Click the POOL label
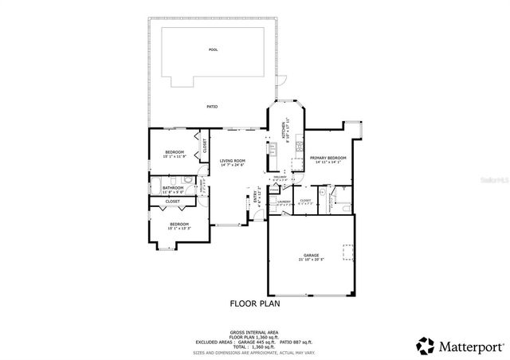(x=213, y=49)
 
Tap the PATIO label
(x=213, y=107)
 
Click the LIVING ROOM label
(x=233, y=161)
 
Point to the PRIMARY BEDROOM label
(x=328, y=158)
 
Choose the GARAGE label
(x=310, y=255)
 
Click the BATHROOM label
(x=173, y=187)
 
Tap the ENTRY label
(x=257, y=195)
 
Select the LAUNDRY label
(x=283, y=202)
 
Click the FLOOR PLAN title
(x=255, y=303)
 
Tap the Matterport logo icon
(x=426, y=346)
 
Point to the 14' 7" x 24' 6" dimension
(x=233, y=165)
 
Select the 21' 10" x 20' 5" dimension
(x=310, y=260)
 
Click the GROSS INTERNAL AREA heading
(x=255, y=331)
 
